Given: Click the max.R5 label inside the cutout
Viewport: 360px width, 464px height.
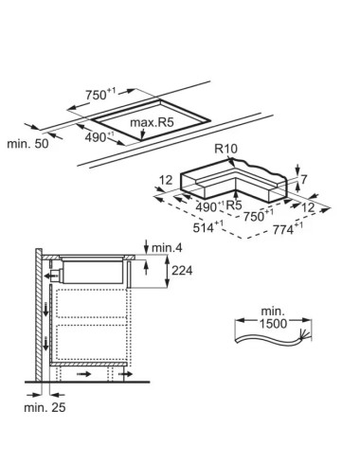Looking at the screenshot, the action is pyautogui.click(x=152, y=122).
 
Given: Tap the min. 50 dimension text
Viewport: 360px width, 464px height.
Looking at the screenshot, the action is pyautogui.click(x=27, y=144).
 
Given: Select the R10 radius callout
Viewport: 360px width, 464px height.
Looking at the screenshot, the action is pyautogui.click(x=225, y=149).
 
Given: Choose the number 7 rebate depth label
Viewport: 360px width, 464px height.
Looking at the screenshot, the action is pyautogui.click(x=303, y=180).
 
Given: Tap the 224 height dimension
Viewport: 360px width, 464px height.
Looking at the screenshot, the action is pyautogui.click(x=182, y=270).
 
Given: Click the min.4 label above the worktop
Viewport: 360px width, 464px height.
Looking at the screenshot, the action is pyautogui.click(x=167, y=248).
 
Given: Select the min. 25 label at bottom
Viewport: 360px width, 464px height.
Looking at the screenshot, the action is pyautogui.click(x=45, y=407).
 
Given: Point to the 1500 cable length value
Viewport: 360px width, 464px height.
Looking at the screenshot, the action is pyautogui.click(x=273, y=323).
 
